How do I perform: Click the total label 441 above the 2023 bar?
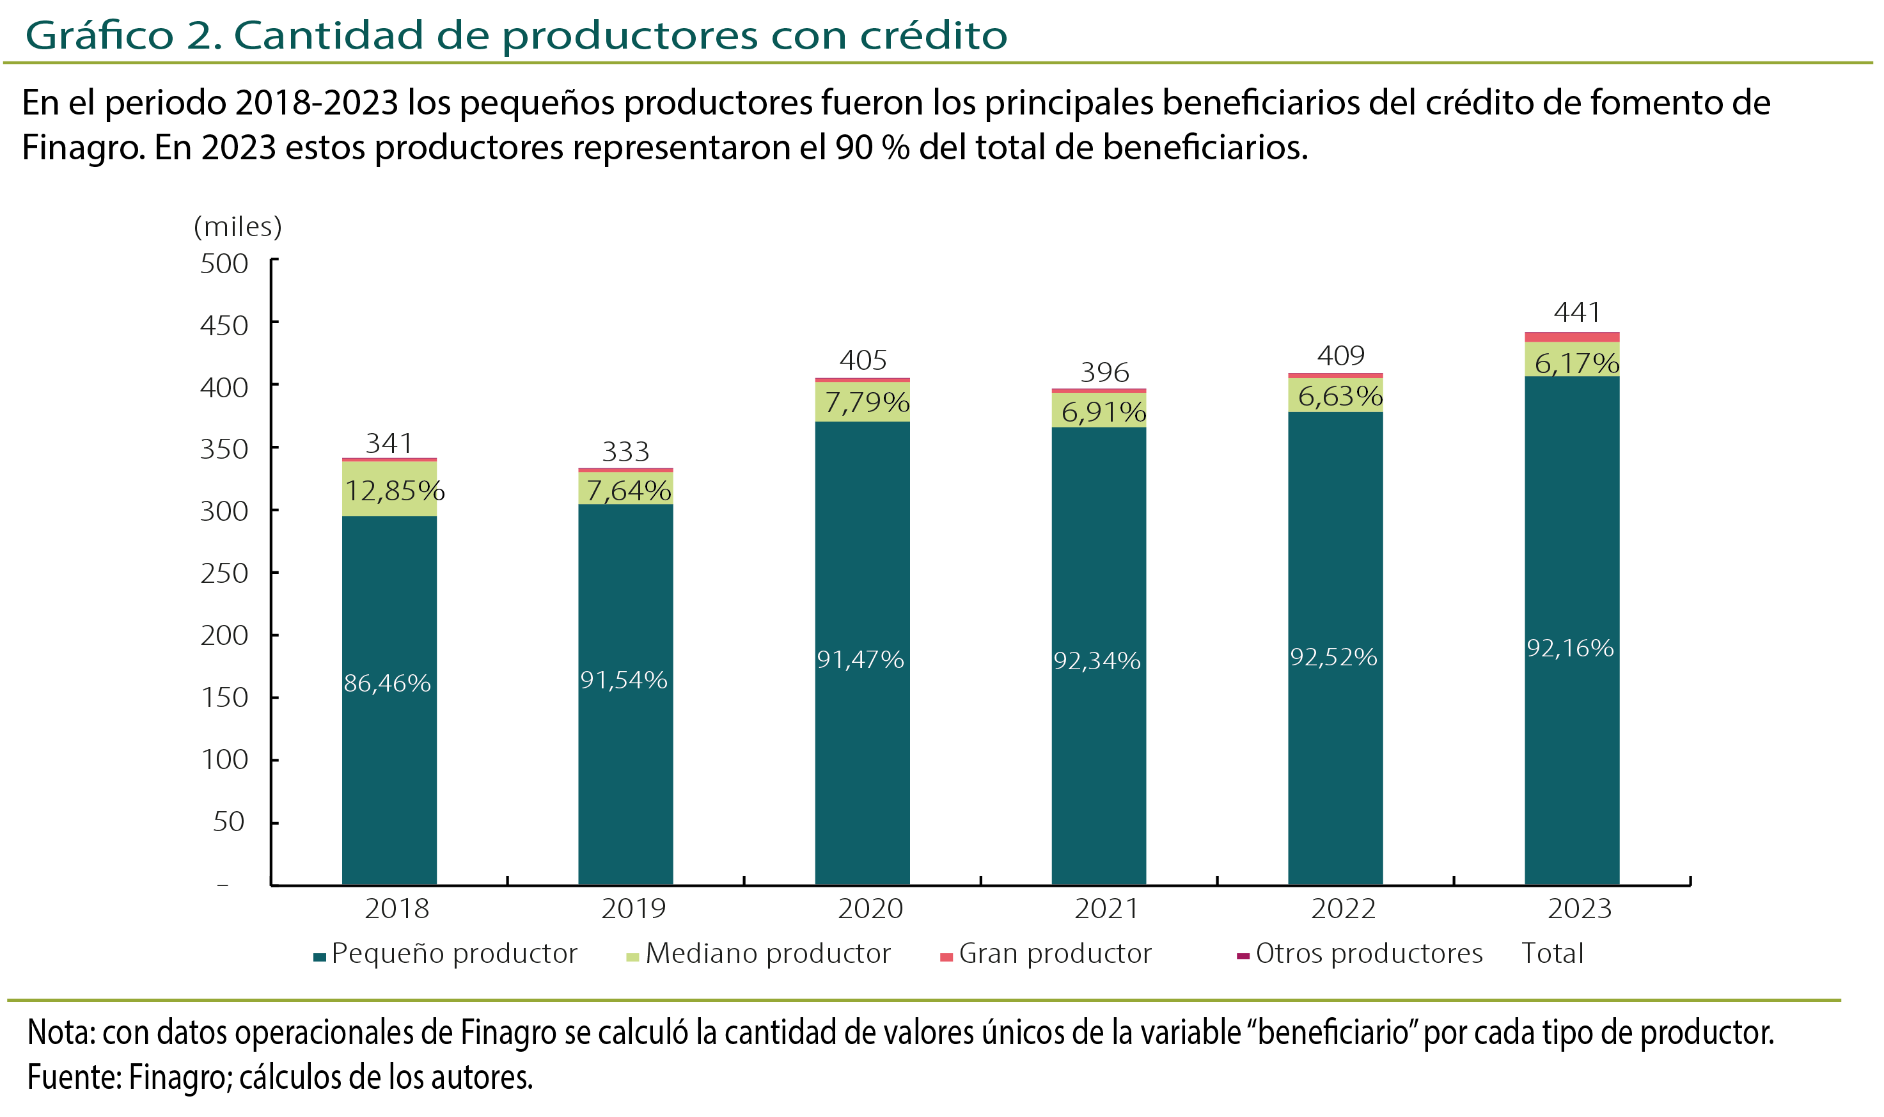1576,312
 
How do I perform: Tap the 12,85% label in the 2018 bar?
394,491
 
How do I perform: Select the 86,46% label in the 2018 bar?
387,683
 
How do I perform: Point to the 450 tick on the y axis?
223,325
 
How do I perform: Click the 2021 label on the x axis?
1106,908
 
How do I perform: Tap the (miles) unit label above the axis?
238,226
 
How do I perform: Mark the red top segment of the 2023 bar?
1572,337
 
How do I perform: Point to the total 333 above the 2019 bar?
625,452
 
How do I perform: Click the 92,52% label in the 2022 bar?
1333,657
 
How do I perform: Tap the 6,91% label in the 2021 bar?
1103,412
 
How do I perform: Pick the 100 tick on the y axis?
223,759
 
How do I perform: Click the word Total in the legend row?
1552,954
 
